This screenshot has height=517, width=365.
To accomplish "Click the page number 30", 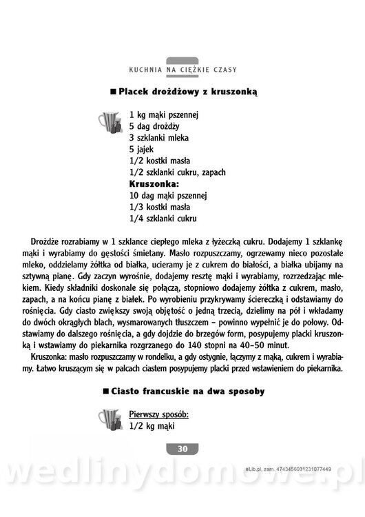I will pyautogui.click(x=182, y=449).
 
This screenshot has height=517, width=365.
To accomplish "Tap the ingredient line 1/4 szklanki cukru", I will pyautogui.click(x=163, y=219).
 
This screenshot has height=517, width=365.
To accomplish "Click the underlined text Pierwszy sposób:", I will pyautogui.click(x=158, y=415).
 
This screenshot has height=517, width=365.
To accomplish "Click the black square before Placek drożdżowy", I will pyautogui.click(x=113, y=91).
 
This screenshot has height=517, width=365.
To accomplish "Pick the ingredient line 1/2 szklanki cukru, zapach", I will pyautogui.click(x=177, y=172).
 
